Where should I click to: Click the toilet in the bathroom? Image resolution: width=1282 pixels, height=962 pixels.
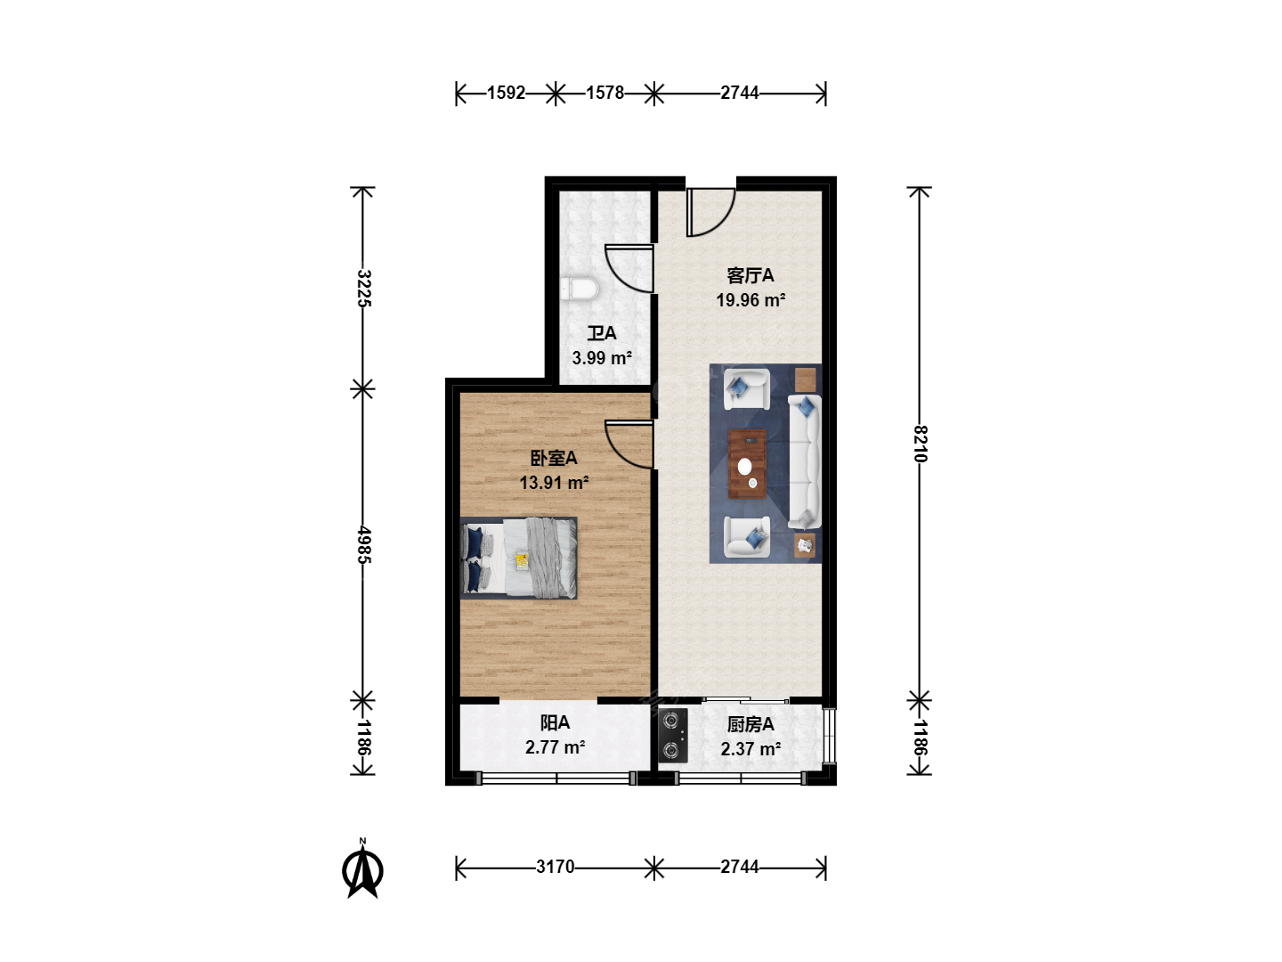click(580, 289)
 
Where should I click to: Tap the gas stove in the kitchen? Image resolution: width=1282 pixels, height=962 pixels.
click(673, 736)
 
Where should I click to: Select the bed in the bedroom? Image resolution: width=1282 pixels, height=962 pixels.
click(519, 558)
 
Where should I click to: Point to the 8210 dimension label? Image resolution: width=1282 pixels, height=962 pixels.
click(921, 444)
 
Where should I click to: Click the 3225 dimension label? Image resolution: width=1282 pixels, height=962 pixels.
click(363, 289)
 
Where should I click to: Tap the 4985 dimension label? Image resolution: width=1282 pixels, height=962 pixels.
click(363, 545)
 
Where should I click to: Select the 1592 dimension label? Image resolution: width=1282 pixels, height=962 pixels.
click(507, 93)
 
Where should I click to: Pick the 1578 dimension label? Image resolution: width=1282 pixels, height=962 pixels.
click(605, 93)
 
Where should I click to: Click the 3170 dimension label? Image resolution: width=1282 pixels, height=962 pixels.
click(556, 867)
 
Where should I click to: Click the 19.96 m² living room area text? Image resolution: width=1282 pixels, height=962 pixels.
click(751, 300)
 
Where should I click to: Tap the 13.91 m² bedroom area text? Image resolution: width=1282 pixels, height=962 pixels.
click(554, 483)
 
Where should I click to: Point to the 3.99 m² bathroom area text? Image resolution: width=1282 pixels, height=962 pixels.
click(602, 358)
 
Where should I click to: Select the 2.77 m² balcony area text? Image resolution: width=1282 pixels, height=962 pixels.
click(555, 747)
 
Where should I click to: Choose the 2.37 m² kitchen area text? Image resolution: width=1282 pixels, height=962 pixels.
click(751, 749)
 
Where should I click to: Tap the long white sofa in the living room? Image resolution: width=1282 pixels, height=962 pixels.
click(805, 462)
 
